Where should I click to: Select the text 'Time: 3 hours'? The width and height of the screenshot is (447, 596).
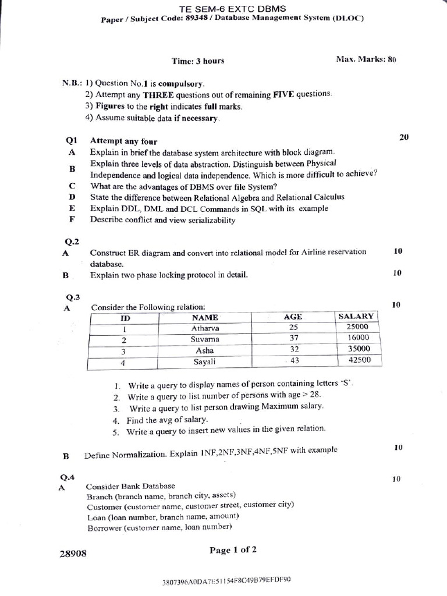coord(198,61)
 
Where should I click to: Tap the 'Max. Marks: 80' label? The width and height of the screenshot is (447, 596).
coord(366,59)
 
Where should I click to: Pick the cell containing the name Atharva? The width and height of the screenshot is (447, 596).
coord(205,328)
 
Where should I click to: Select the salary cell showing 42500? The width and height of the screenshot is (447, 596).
coord(359,360)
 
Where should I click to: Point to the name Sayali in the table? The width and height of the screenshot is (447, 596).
coord(204,361)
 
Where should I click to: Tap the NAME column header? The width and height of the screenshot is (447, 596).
coord(205,318)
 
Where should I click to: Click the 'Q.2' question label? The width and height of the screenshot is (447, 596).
coord(72,241)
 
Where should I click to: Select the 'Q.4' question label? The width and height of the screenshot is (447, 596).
coord(67,477)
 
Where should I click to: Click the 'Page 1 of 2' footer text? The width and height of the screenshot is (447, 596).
coord(233,549)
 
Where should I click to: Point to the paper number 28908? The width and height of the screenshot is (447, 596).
coord(73,554)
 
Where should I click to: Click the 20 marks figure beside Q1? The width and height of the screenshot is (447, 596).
coord(404,137)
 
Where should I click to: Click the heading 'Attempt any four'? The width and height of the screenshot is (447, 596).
coord(123,141)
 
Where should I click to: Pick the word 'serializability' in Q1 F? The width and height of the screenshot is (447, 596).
coord(210,220)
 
